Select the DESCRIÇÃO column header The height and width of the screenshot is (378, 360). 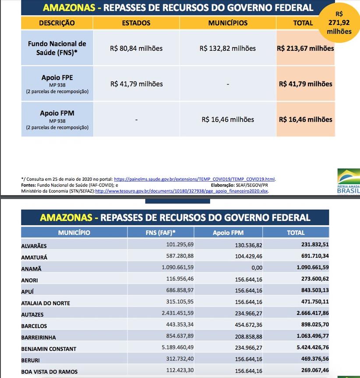[57, 23]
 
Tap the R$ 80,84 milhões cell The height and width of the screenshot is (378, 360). [136, 49]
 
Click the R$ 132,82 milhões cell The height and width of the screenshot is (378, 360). [228, 49]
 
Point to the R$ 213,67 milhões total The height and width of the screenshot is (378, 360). [305, 49]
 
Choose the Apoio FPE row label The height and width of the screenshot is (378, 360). [57, 78]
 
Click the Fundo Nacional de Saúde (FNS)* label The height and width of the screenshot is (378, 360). [57, 48]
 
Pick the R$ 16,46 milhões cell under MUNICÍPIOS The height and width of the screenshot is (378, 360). [228, 119]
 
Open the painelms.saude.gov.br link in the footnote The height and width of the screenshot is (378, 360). [194, 179]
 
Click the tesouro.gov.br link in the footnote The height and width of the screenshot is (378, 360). [182, 191]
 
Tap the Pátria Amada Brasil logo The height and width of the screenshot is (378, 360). [349, 182]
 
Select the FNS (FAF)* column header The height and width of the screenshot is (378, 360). [160, 233]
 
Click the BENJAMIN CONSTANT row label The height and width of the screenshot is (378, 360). [49, 349]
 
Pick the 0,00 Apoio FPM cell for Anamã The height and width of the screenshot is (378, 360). [257, 268]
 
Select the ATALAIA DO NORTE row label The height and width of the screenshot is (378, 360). [46, 303]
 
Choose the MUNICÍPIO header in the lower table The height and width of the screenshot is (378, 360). [74, 233]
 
